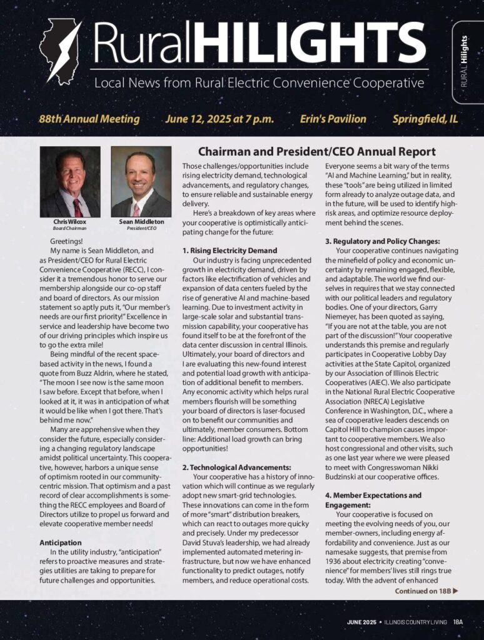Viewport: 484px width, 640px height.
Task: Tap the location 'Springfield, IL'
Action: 425,119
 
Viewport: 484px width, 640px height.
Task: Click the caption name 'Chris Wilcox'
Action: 69,222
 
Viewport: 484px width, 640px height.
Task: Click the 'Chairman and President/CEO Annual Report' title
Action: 317,152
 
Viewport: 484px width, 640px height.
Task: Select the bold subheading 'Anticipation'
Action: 60,541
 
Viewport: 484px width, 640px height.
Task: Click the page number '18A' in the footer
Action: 458,622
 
